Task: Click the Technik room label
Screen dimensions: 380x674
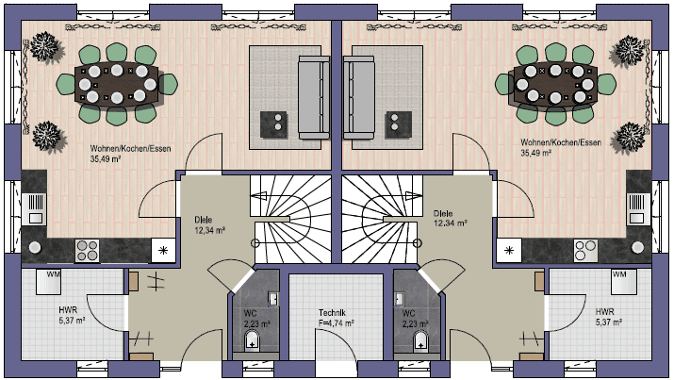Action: coord(336,317)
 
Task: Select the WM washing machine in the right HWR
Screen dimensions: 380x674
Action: coord(620,277)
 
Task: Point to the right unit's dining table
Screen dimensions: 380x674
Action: coord(555,83)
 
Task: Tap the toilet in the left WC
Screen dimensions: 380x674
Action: coord(251,340)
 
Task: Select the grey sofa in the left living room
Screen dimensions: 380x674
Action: coord(312,95)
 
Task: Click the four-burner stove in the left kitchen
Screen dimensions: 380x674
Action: coord(87,250)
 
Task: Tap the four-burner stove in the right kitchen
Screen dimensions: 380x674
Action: coord(584,250)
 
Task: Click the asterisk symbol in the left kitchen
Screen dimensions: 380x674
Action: coord(163,250)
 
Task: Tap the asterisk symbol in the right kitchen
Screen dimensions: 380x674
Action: coord(510,250)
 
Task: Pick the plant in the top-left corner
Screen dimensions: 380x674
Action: coord(42,45)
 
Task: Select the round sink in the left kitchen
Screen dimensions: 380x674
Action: coord(35,247)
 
